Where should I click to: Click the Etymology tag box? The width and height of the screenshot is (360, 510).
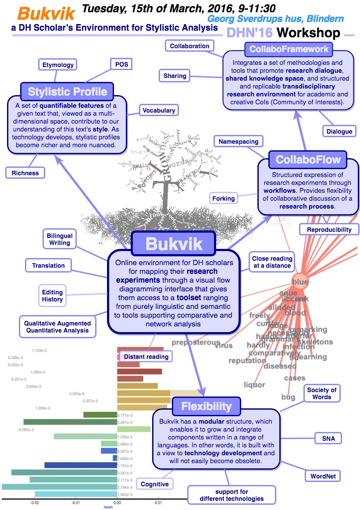pos(57,65)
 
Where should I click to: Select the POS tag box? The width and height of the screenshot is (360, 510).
pos(121,64)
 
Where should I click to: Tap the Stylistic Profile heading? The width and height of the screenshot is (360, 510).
pos(67,92)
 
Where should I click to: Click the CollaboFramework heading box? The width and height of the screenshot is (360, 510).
pos(289,49)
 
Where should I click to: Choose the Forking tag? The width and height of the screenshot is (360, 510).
pos(223,198)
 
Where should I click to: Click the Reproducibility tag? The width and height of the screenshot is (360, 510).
pos(329,229)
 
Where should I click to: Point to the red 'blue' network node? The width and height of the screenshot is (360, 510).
pos(300,282)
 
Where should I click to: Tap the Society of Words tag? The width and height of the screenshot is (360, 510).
pos(321,393)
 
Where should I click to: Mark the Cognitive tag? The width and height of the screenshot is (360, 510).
pos(154,484)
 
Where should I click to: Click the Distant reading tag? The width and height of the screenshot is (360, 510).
pos(146,356)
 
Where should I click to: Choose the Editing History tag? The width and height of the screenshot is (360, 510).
pos(52,296)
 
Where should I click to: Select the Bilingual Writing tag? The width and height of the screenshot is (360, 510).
pos(60,239)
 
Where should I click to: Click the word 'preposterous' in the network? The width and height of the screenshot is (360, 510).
pos(195,342)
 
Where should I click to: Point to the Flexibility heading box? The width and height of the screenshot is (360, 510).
pos(206,407)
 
